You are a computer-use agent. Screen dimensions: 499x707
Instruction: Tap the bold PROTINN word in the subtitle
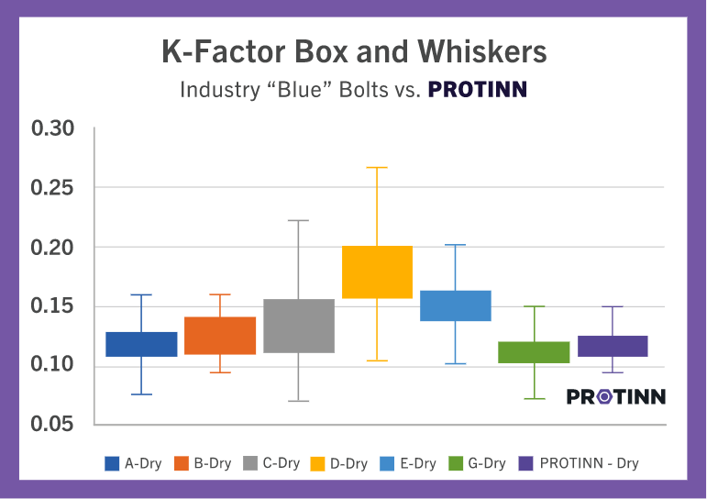click(x=478, y=91)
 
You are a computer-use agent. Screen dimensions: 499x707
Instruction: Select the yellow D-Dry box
click(x=377, y=272)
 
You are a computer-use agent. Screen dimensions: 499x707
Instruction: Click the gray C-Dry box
click(x=298, y=326)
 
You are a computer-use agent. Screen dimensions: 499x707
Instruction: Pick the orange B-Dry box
click(x=220, y=335)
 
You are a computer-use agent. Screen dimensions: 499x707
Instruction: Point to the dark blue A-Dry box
click(x=141, y=344)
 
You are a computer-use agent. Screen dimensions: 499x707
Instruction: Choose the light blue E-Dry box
click(x=456, y=305)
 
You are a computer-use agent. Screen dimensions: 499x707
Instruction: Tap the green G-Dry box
click(x=534, y=352)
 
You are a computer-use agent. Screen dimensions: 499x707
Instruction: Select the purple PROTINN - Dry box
click(x=613, y=346)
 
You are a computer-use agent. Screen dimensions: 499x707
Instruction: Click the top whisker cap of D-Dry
click(x=377, y=168)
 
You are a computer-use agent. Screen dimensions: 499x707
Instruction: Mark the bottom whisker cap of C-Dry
click(x=298, y=401)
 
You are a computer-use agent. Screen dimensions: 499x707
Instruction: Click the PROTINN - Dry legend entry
click(x=579, y=463)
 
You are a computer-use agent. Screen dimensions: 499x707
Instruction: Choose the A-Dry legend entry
click(x=133, y=463)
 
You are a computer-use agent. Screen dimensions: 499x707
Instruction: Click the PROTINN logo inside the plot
click(x=616, y=396)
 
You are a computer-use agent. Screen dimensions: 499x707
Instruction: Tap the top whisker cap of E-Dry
click(x=456, y=245)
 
